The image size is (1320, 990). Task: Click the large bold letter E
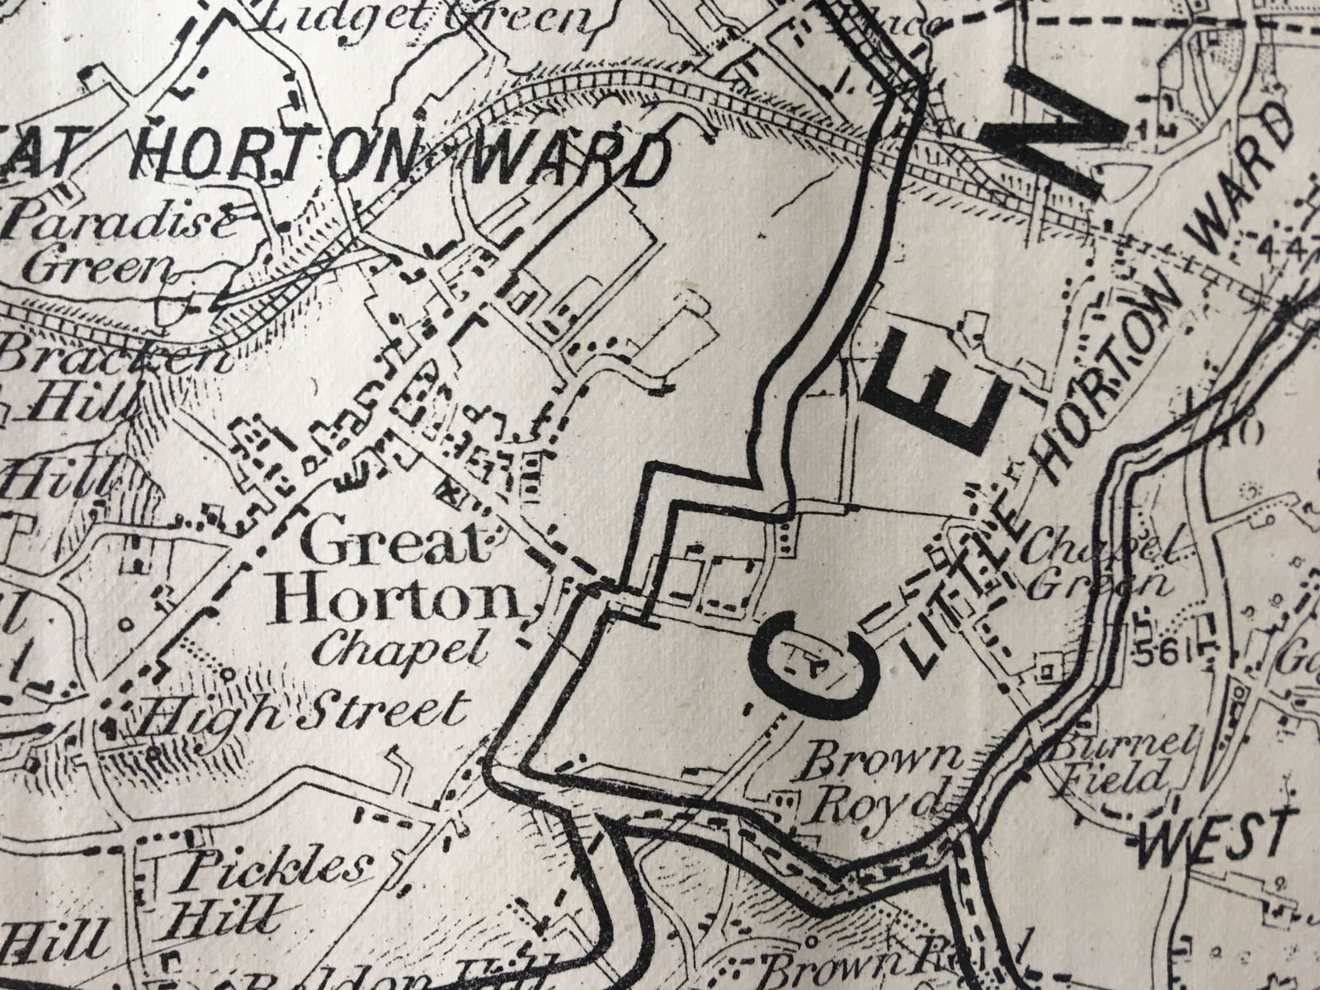pos(940,388)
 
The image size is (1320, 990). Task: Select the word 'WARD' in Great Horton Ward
pos(569,161)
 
